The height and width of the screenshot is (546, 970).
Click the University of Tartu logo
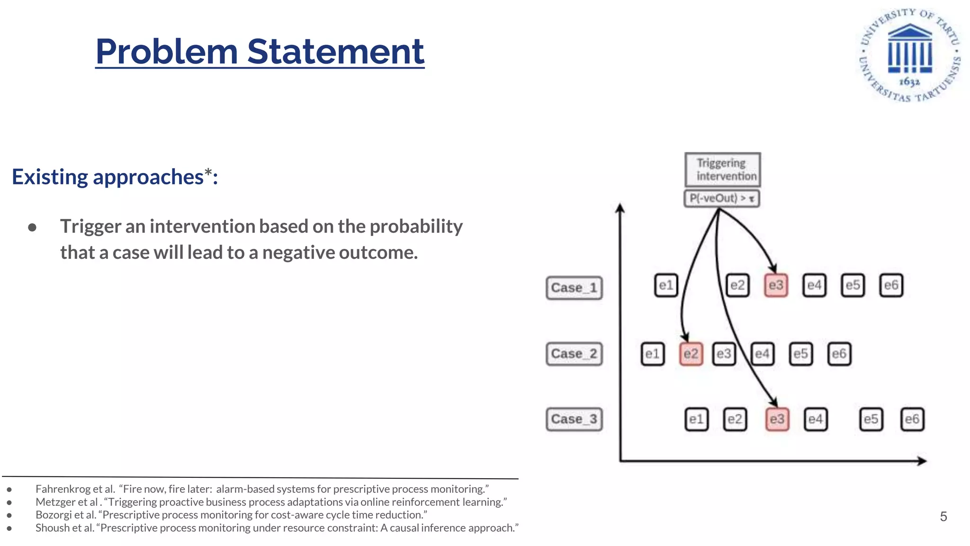click(x=910, y=55)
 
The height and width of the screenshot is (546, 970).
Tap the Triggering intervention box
click(x=722, y=169)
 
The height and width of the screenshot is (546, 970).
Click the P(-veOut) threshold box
click(x=722, y=198)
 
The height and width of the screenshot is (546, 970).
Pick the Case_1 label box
click(x=574, y=288)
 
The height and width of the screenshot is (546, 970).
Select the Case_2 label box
click(x=574, y=354)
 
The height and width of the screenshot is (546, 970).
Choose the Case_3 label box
click(x=574, y=419)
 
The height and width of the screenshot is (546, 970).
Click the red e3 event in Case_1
click(x=776, y=285)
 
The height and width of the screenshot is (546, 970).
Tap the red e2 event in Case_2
click(x=691, y=354)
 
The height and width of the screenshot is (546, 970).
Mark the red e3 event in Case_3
click(x=777, y=419)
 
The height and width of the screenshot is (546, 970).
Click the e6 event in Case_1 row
click(x=891, y=285)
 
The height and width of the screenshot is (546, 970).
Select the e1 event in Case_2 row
click(x=652, y=354)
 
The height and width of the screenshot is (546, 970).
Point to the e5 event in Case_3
click(x=871, y=419)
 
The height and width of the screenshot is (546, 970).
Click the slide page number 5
click(x=943, y=517)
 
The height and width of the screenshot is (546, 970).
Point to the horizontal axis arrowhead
click(x=921, y=461)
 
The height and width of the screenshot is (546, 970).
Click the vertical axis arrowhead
click(x=620, y=208)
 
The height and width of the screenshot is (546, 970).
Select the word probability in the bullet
click(x=416, y=226)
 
